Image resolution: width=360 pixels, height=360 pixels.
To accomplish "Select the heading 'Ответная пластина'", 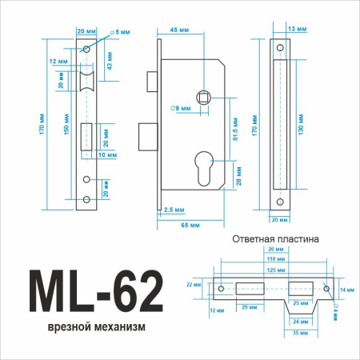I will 275,238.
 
